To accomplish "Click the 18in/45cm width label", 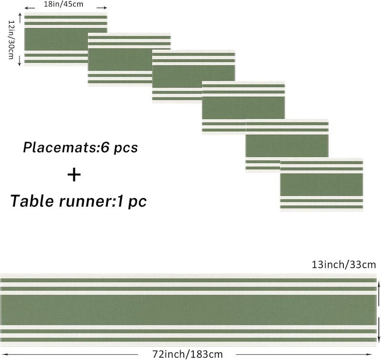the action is click(x=63, y=4).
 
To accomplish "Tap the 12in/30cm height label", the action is click(x=11, y=40).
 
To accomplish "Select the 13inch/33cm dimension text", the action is click(x=343, y=265).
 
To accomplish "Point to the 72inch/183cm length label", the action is click(x=187, y=354).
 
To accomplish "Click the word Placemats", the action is click(x=60, y=147).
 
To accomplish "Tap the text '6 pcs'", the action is click(x=120, y=148).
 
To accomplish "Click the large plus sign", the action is click(x=74, y=175).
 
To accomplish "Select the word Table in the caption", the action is click(x=32, y=201).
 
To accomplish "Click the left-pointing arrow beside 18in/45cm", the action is click(x=30, y=8).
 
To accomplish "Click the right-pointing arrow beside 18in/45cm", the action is click(x=101, y=8).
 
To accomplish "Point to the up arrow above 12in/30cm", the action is click(x=20, y=18).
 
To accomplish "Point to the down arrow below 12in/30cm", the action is click(x=20, y=61).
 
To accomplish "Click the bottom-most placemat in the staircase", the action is click(x=321, y=185).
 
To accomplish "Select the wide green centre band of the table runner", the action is click(x=188, y=310).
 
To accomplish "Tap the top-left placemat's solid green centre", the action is click(x=56, y=40).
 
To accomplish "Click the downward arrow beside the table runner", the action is click(x=378, y=330).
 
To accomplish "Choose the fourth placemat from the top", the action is click(x=243, y=108).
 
